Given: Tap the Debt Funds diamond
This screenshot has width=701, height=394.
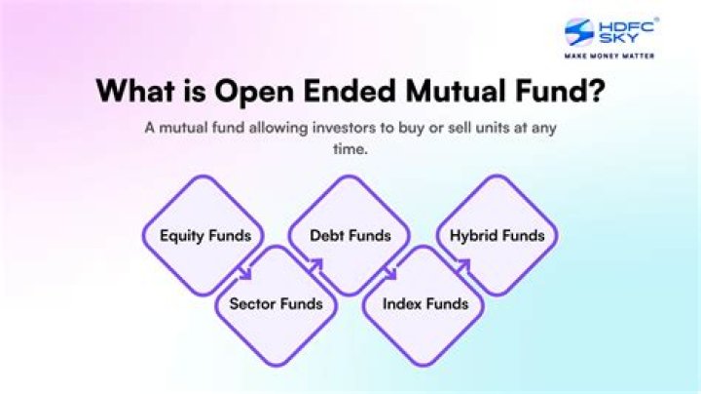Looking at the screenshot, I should click(350, 235).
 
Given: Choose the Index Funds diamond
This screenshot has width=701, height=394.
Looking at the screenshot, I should click(424, 303).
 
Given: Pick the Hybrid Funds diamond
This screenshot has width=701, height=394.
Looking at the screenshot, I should click(497, 235).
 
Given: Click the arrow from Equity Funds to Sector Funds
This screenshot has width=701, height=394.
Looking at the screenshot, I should click(247, 274).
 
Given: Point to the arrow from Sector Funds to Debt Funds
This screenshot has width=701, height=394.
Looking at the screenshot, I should click(315, 264).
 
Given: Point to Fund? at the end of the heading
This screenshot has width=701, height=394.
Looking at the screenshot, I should click(571, 90).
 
